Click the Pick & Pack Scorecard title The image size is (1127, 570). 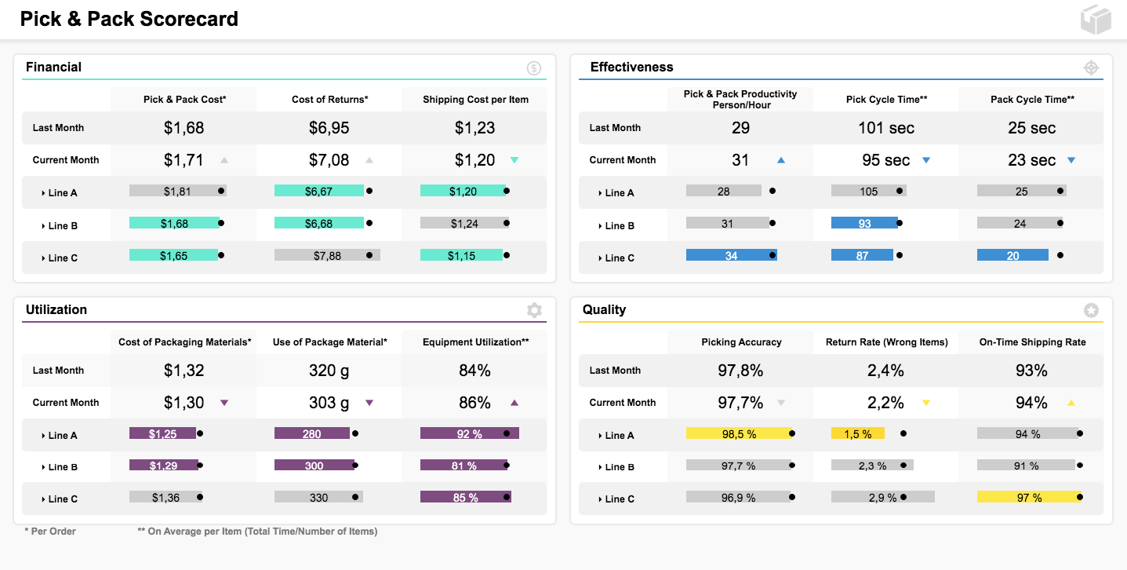(x=129, y=19)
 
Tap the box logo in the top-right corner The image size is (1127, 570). (x=1096, y=20)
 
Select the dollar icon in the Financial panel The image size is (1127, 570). (x=534, y=68)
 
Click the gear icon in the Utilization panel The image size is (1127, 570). (x=534, y=310)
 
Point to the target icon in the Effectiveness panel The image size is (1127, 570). (x=1091, y=68)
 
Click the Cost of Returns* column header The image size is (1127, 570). (x=330, y=99)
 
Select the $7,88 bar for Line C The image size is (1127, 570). (x=327, y=255)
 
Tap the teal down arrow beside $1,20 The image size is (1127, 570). (x=514, y=160)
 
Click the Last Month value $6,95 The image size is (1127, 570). (x=329, y=128)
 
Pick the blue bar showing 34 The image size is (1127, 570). (x=731, y=255)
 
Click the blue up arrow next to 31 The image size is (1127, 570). (x=781, y=160)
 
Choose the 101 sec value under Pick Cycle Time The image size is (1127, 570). (x=886, y=128)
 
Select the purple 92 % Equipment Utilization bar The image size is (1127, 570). (x=470, y=433)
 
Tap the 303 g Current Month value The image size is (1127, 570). (x=329, y=403)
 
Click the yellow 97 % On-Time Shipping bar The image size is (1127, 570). (x=1030, y=498)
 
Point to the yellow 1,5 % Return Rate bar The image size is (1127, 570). (x=858, y=433)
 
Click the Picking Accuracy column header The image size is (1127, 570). (x=742, y=342)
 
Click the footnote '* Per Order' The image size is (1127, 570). (x=50, y=532)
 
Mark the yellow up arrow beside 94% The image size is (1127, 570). (x=1071, y=403)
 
